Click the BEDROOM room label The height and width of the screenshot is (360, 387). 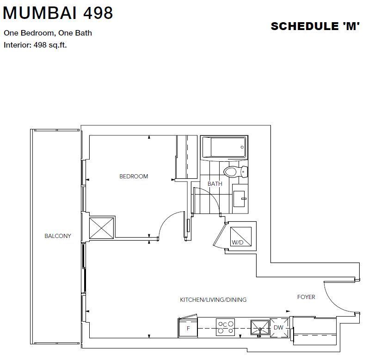pyautogui.click(x=134, y=176)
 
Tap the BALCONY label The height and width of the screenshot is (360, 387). pyautogui.click(x=58, y=236)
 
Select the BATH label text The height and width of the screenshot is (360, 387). pyautogui.click(x=215, y=184)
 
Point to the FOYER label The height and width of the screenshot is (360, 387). pyautogui.click(x=306, y=297)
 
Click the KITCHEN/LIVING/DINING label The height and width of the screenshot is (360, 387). pyautogui.click(x=213, y=299)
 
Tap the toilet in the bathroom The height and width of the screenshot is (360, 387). pyautogui.click(x=236, y=171)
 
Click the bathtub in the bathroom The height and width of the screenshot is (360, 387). pyautogui.click(x=224, y=147)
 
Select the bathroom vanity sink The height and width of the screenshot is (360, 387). pyautogui.click(x=239, y=199)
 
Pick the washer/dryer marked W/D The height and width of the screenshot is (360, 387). pyautogui.click(x=240, y=237)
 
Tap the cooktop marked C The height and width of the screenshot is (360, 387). pyautogui.click(x=225, y=327)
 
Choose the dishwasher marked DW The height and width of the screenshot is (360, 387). pyautogui.click(x=279, y=328)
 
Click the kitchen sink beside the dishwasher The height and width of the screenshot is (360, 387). pyautogui.click(x=260, y=328)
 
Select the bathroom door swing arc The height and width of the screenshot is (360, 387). pyautogui.click(x=212, y=195)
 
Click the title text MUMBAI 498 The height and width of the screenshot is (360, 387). pyautogui.click(x=58, y=12)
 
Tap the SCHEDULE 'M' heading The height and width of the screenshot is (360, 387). pyautogui.click(x=315, y=26)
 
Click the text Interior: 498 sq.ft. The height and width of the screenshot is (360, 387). pyautogui.click(x=35, y=45)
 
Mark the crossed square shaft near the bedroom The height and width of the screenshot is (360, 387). pyautogui.click(x=101, y=228)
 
